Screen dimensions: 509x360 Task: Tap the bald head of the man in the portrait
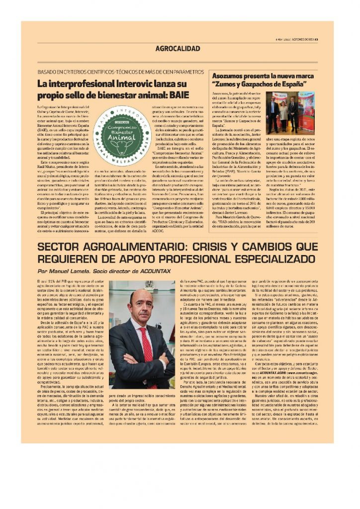pyautogui.click(x=140, y=297)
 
